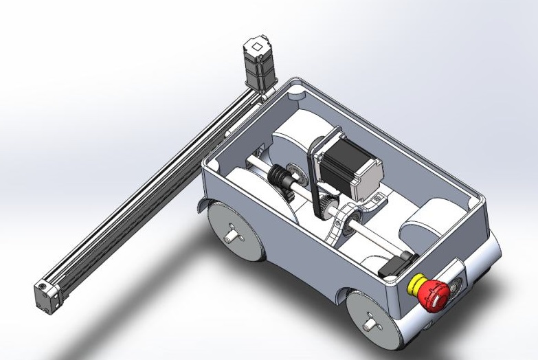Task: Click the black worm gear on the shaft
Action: point(282,177)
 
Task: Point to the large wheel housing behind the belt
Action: point(295,141)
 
